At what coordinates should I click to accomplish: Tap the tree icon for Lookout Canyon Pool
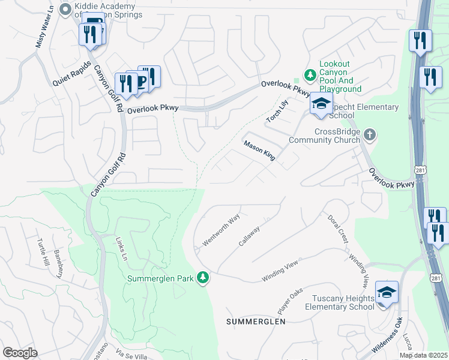[x=310, y=76]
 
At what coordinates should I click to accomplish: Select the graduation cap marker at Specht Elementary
[x=321, y=104]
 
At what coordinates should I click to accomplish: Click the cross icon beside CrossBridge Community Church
[x=370, y=135]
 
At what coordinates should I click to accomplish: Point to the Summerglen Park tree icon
[x=203, y=278]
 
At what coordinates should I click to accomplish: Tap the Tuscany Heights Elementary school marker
[x=387, y=293]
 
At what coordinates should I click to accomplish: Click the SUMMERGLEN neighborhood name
[x=255, y=322]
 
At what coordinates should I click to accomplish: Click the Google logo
[x=20, y=352]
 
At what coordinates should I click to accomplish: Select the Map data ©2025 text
[x=423, y=355]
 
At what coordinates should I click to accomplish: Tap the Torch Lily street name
[x=279, y=111]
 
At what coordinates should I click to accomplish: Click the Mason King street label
[x=259, y=150]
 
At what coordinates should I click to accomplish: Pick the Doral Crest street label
[x=337, y=228]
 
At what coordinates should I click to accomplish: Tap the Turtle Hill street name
[x=43, y=254]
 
